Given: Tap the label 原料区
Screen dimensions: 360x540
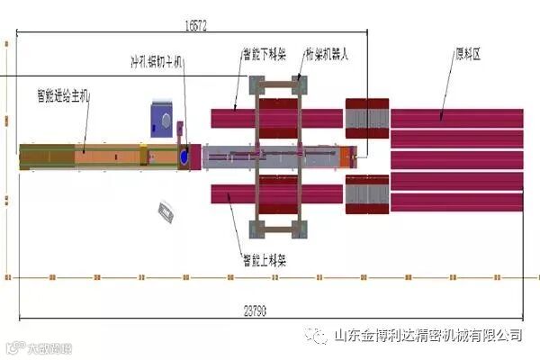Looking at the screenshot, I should click(468, 54).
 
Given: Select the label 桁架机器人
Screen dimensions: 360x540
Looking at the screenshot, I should click(327, 54).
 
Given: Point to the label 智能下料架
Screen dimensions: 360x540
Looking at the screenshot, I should click(264, 54).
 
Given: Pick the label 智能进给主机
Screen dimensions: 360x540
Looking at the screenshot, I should click(62, 93).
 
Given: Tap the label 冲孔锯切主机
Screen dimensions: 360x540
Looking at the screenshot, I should click(157, 61).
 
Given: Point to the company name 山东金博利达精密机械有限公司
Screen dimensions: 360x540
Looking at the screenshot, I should click(427, 336).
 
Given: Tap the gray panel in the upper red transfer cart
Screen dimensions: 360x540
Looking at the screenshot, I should click(367, 119).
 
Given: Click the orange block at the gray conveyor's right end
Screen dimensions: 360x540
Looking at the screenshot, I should click(346, 157).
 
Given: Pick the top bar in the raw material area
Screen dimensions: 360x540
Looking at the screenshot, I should click(457, 118).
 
